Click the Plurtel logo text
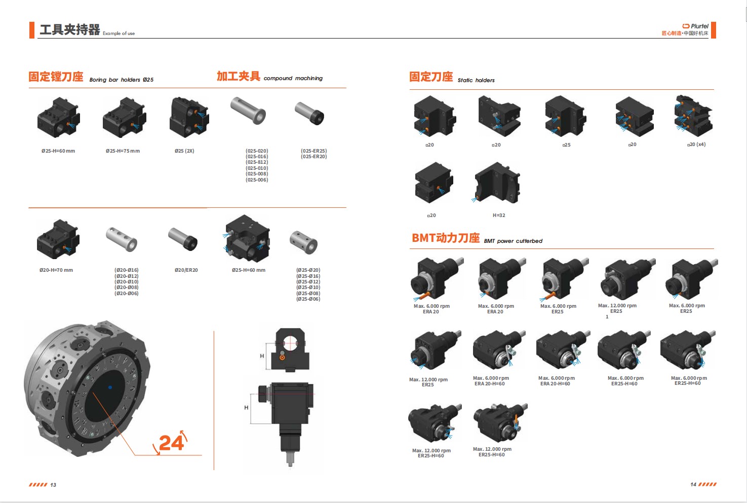click(x=699, y=26)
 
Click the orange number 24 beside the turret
click(x=171, y=443)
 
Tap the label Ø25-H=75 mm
click(x=123, y=151)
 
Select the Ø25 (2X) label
click(x=184, y=151)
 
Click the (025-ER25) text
click(x=314, y=151)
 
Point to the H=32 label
click(x=499, y=215)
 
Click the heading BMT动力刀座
click(x=446, y=238)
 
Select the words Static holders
click(x=476, y=80)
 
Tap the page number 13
click(x=53, y=485)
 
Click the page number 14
click(x=693, y=485)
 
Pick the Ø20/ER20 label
click(x=186, y=270)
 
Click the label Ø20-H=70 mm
click(x=56, y=270)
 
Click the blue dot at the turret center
click(x=110, y=387)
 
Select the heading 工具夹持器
click(x=70, y=30)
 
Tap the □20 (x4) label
click(x=696, y=145)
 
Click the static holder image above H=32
click(x=497, y=183)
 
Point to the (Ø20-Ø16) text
click(x=127, y=270)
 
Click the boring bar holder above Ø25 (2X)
click(x=189, y=117)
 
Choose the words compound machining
click(x=293, y=78)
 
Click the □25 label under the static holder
click(x=566, y=145)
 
